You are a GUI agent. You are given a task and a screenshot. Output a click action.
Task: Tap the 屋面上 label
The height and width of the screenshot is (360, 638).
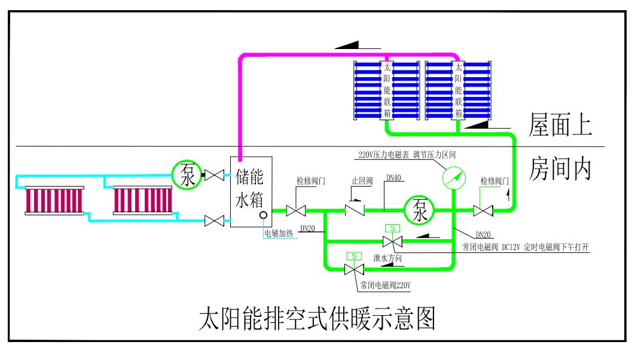point(560,126)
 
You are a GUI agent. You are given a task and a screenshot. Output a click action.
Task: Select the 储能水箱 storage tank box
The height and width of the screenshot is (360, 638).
point(251,191)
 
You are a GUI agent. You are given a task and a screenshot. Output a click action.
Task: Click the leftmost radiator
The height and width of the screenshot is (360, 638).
point(55,201)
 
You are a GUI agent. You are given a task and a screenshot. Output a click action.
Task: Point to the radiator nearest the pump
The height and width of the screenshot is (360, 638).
point(143,201)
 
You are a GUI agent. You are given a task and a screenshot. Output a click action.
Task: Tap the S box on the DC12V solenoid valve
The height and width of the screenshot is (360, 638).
point(392,228)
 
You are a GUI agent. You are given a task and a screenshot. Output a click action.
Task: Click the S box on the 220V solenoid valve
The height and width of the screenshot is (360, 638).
point(354,256)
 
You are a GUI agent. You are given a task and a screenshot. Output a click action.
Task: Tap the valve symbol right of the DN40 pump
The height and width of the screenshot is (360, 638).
point(483,210)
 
